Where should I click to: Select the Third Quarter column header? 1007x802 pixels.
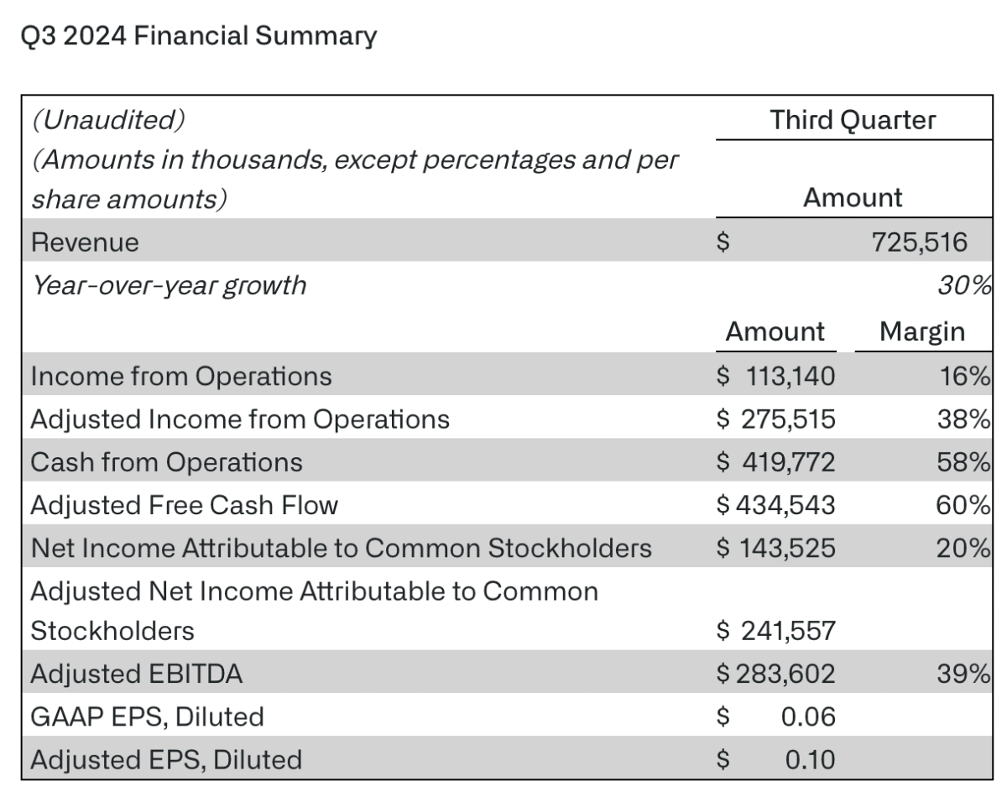pyautogui.click(x=853, y=120)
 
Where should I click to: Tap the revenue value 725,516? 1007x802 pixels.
pyautogui.click(x=919, y=242)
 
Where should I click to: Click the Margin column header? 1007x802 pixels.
pyautogui.click(x=921, y=331)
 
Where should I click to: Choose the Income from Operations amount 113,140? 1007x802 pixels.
pyautogui.click(x=790, y=376)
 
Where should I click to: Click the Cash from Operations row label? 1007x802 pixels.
pyautogui.click(x=166, y=462)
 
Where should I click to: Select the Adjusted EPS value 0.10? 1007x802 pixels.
pyautogui.click(x=810, y=759)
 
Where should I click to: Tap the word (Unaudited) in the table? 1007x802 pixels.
pyautogui.click(x=107, y=120)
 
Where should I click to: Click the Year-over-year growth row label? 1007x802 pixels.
pyautogui.click(x=169, y=285)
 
